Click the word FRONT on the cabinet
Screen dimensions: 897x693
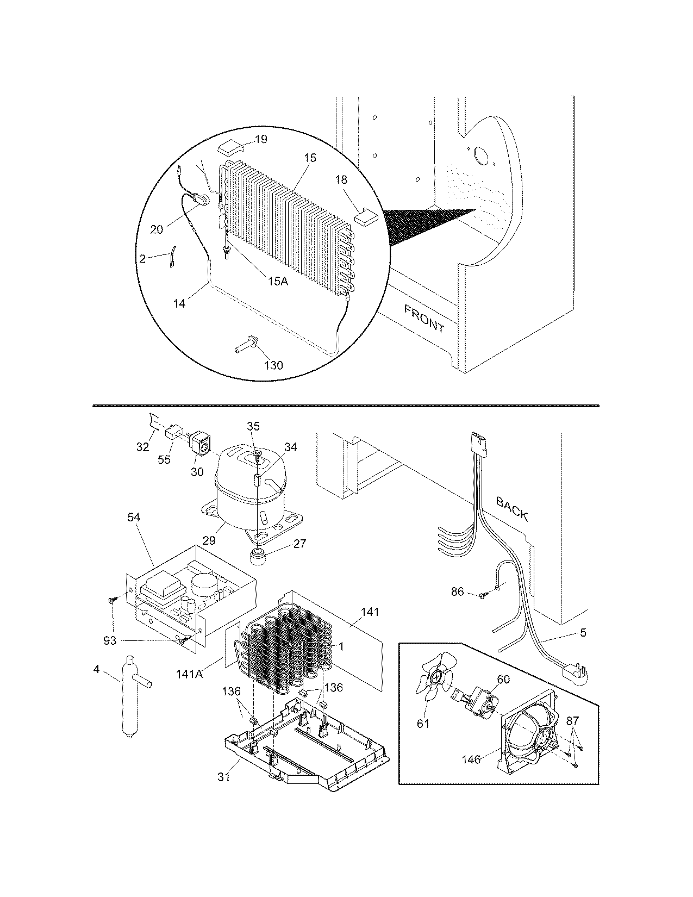click(x=424, y=319)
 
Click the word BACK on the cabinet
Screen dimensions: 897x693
click(x=512, y=509)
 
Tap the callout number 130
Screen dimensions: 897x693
click(x=273, y=365)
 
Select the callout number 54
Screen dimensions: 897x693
click(x=134, y=518)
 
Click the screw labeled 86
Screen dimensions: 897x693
click(x=482, y=595)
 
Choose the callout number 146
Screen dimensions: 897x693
click(x=471, y=759)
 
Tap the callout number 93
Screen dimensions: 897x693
click(x=110, y=641)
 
